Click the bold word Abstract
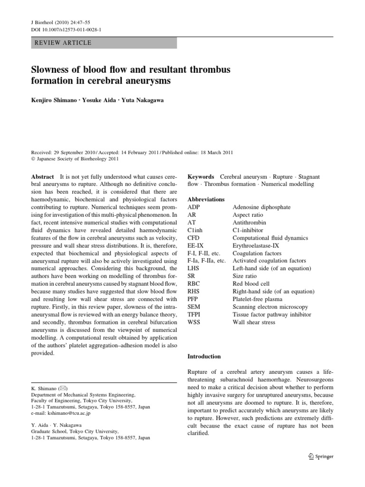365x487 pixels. click(x=42, y=176)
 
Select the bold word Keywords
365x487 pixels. click(x=201, y=176)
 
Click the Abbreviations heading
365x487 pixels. click(x=206, y=199)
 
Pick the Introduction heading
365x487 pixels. click(x=204, y=356)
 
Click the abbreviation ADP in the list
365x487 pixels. click(x=194, y=207)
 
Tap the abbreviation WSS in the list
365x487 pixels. click(x=194, y=322)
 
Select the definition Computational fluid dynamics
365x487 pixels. click(x=270, y=238)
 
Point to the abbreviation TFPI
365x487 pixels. click(x=195, y=314)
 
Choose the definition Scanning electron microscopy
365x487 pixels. click(x=270, y=307)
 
